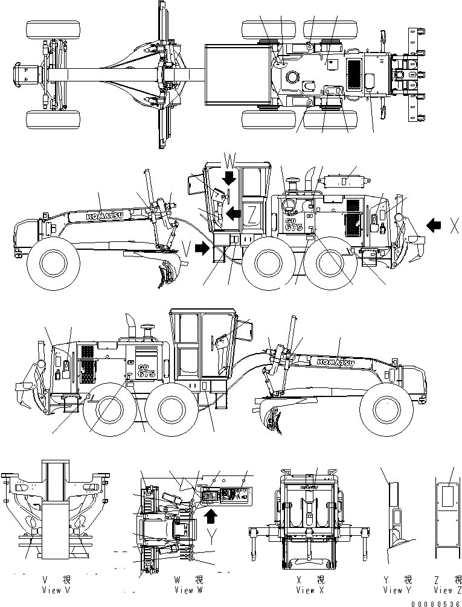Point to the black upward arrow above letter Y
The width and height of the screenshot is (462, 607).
click(210, 516)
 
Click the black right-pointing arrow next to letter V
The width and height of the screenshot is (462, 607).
click(205, 248)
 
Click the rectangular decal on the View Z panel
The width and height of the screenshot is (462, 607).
click(448, 497)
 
